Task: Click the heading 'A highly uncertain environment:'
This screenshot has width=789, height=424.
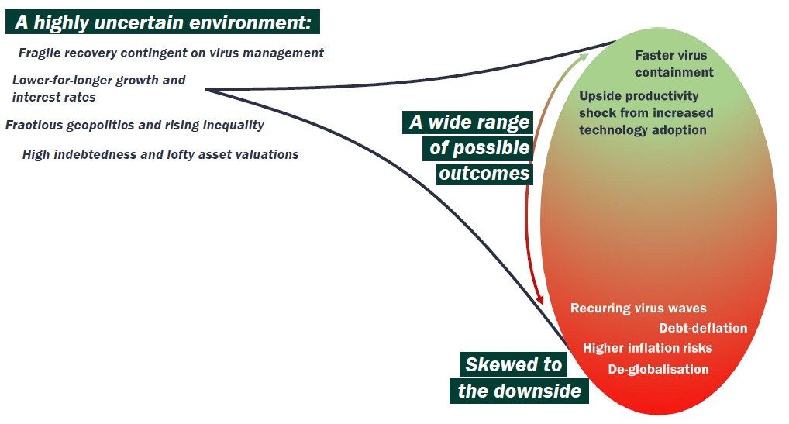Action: tap(163, 22)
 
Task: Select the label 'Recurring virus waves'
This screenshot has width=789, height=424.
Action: tap(638, 309)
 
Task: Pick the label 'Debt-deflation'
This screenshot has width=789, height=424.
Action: tap(703, 328)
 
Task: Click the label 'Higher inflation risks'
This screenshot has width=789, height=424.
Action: tap(647, 348)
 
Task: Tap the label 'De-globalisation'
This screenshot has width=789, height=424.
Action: tap(658, 369)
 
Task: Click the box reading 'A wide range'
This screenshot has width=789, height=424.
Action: tap(469, 122)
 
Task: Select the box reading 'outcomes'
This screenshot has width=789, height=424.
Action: tap(484, 172)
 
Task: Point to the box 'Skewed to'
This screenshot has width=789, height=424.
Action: tap(512, 364)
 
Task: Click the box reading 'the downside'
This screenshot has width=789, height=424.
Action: tap(519, 390)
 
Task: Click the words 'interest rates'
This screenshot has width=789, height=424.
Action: tap(54, 98)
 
